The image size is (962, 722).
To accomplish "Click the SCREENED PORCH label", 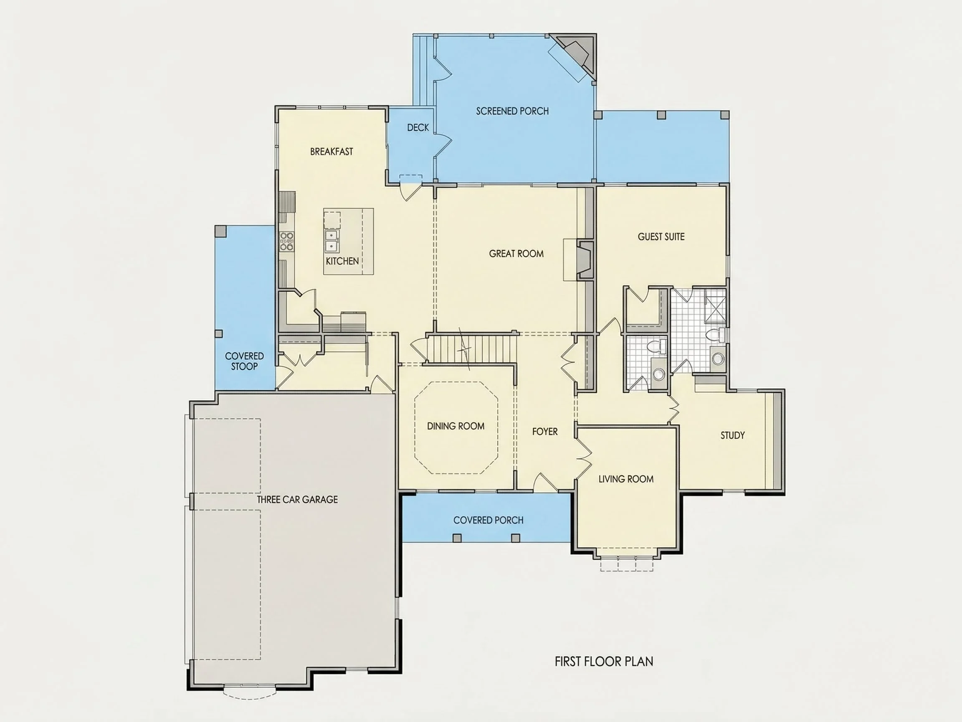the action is (x=512, y=112).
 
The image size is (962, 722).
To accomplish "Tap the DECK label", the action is (x=418, y=127).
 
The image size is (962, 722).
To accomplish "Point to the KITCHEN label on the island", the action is (x=342, y=261).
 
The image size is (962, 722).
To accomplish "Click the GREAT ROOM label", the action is (x=516, y=254).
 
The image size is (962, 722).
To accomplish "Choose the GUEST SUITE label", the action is (x=661, y=237).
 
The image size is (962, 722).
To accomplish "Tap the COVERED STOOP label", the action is (x=244, y=361).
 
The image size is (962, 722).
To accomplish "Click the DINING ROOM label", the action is (x=456, y=427).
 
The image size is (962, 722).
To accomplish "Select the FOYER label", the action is (x=545, y=431).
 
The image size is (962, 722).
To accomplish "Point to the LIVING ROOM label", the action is (x=626, y=479).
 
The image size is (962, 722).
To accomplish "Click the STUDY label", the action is (x=732, y=435).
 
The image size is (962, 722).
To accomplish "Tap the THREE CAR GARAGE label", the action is (x=297, y=500).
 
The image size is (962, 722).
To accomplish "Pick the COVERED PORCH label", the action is (x=489, y=520).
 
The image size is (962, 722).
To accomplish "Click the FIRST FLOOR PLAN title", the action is (x=604, y=661).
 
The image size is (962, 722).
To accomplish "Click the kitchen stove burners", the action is (x=286, y=242).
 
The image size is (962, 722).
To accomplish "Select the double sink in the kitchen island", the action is (x=332, y=242).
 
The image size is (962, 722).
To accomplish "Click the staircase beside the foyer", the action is (x=470, y=348).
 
